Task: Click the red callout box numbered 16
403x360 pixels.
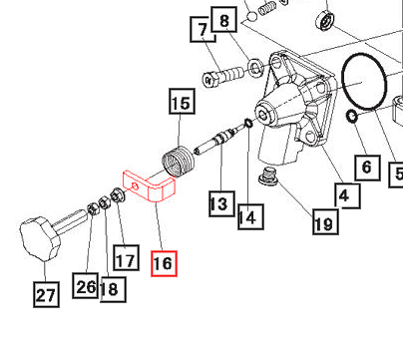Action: pos(164,263)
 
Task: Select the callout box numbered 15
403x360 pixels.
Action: pos(182,101)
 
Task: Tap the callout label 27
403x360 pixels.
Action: pos(46,294)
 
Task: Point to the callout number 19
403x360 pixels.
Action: pos(325,221)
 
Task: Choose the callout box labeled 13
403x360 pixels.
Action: pos(221,203)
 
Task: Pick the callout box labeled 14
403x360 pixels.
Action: pos(250,216)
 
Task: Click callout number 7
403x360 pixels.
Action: pos(202,29)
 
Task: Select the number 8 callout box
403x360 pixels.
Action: pos(224,20)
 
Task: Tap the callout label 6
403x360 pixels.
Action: pos(367,168)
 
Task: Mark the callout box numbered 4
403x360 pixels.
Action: pos(347,195)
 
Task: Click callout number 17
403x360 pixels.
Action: pos(126,257)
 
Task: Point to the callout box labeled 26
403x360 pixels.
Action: pos(86,285)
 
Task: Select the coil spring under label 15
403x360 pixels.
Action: pos(179,162)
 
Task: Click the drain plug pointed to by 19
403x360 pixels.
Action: pos(267,176)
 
